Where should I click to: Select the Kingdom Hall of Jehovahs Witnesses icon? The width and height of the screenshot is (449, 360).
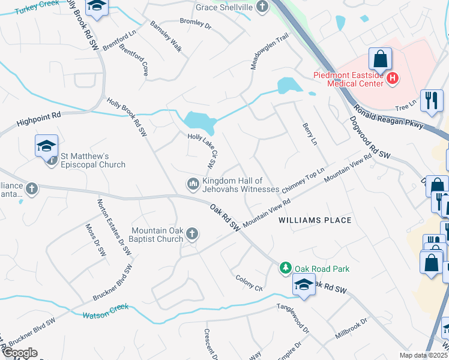193,183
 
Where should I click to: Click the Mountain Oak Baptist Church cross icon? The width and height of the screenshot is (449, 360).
192,233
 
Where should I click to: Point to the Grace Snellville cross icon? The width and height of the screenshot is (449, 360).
262,7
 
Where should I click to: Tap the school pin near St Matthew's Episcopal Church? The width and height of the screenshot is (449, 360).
46,146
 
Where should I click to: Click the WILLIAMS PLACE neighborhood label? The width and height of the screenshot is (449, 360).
315,220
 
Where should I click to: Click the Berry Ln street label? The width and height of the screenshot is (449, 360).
309,133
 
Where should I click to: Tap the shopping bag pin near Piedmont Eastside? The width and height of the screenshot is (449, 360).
381,59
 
